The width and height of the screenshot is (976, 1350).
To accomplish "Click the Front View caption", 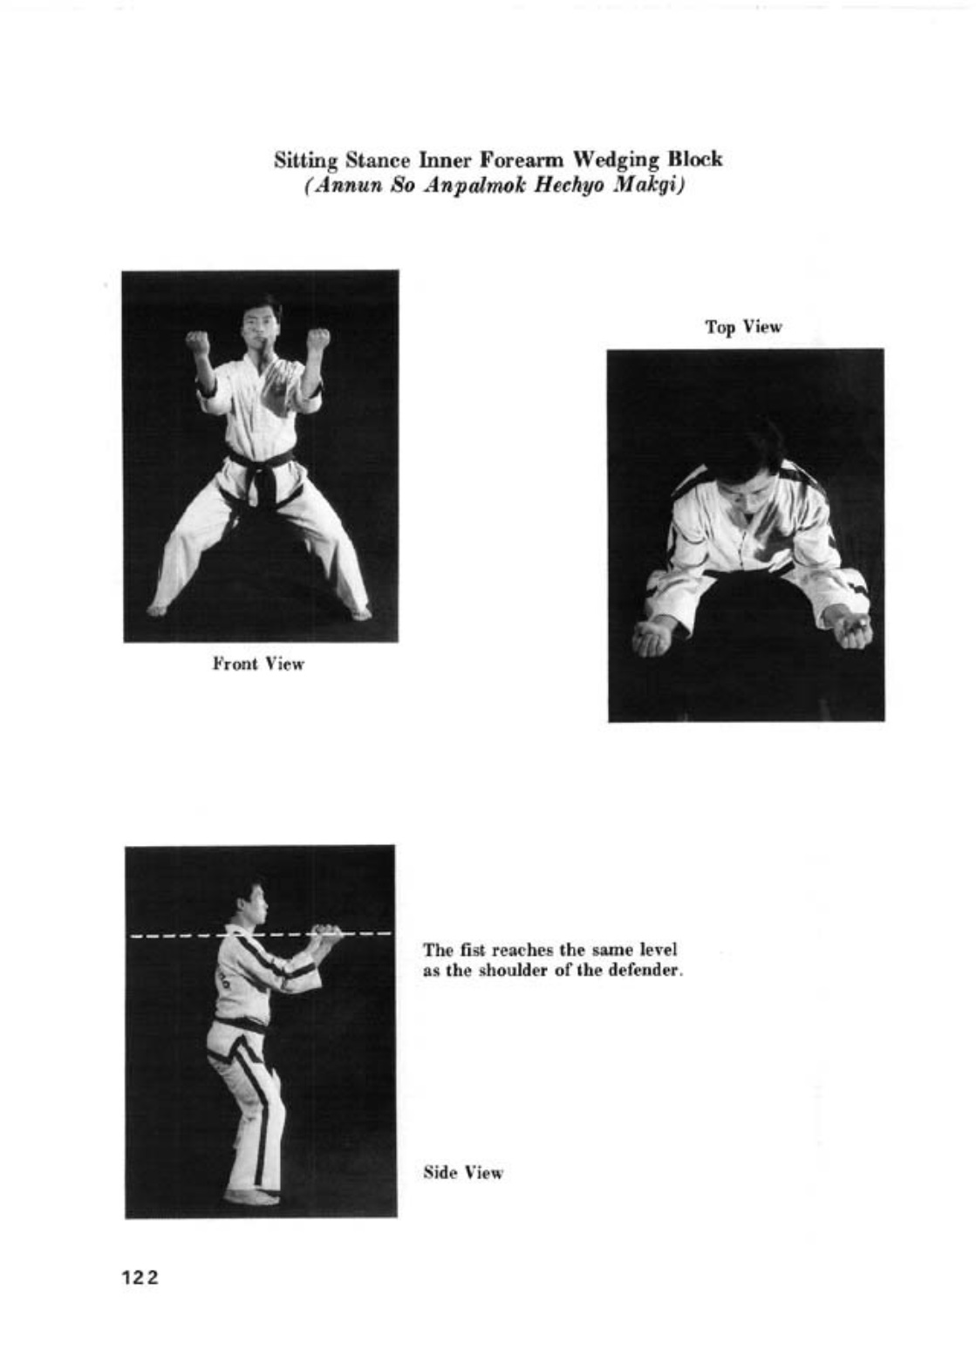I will pos(258,665).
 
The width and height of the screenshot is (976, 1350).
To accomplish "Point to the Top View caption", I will pos(743,327).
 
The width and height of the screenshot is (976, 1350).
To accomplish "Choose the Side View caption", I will pos(463,1173).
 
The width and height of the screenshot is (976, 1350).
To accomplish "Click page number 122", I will pos(140,1278).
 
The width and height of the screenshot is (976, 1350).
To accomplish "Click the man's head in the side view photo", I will pos(252,903).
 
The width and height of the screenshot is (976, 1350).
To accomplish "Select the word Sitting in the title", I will pos(306,160).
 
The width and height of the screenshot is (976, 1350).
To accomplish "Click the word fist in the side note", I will pos(467,950).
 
